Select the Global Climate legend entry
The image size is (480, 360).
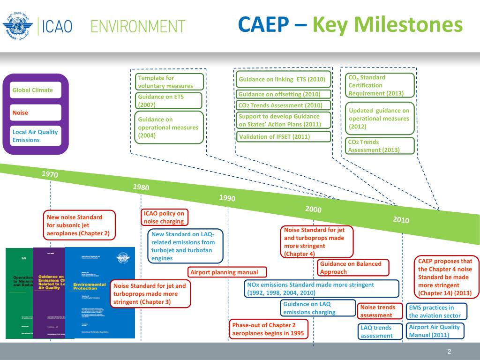point(36,90)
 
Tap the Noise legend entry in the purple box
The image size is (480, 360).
point(36,112)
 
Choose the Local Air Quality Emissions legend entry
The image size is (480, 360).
point(36,136)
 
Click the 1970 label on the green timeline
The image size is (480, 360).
point(50,174)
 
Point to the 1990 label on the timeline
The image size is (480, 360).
point(227,198)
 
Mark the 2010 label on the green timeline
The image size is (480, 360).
point(401,220)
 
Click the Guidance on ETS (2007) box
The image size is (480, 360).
point(169,101)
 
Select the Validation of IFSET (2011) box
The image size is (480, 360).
point(282,137)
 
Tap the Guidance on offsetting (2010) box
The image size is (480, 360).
point(282,94)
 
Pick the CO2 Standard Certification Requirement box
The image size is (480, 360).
point(380,85)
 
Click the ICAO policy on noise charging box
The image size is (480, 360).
point(165,217)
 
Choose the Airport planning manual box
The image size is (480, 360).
point(228,272)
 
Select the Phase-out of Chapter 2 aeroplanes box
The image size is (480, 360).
point(269,329)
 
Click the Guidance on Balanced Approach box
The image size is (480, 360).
point(353,268)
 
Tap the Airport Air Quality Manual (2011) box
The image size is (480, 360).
point(435,331)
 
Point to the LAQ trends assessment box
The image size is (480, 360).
point(380,331)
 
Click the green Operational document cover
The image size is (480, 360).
point(19,293)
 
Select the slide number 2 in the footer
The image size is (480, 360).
point(449,352)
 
